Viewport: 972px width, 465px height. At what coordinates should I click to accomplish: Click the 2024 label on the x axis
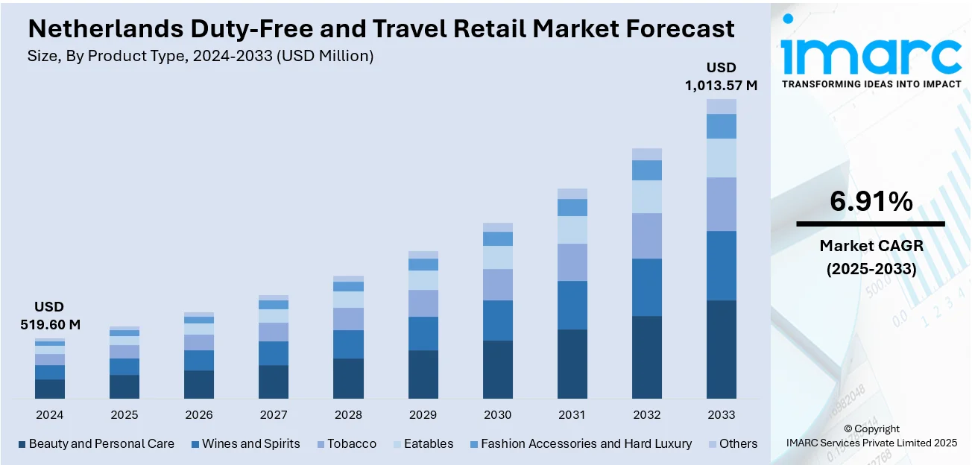(x=49, y=415)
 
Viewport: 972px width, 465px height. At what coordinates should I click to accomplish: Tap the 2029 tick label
(x=423, y=415)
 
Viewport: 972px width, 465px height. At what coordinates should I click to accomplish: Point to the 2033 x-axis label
(x=721, y=415)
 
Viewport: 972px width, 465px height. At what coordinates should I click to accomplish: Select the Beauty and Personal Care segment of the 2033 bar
(x=721, y=349)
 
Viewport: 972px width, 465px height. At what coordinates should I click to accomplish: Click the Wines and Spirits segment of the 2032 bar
(x=646, y=287)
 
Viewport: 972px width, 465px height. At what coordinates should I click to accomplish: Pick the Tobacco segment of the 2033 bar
(x=721, y=204)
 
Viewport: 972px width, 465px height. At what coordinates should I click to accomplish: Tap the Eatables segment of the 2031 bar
(x=572, y=230)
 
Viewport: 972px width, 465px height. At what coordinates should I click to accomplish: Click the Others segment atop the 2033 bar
(x=721, y=107)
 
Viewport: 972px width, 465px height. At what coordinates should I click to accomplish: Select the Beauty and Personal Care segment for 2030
(x=497, y=369)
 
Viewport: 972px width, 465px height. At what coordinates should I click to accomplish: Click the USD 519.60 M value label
(x=49, y=316)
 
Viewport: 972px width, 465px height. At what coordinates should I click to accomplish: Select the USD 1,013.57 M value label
(x=721, y=77)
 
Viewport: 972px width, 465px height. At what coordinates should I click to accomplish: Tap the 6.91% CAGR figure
(x=871, y=201)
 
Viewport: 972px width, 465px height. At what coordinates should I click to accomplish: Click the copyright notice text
(x=871, y=436)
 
